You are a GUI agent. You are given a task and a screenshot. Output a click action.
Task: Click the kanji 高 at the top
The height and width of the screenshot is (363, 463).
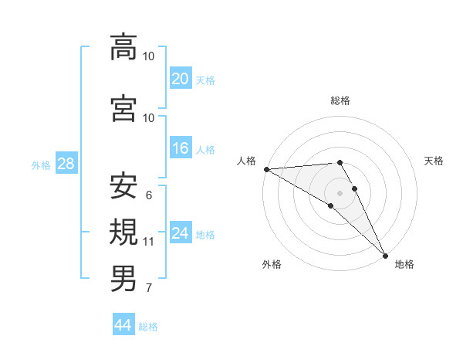(123, 47)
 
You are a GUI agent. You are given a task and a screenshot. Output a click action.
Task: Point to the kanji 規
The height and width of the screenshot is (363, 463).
(123, 232)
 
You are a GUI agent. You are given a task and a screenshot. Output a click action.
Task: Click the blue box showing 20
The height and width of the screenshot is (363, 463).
(180, 79)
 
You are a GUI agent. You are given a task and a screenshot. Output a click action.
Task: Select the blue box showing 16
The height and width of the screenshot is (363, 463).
(180, 149)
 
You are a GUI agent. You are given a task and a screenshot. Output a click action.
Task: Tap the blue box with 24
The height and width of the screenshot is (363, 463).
(180, 234)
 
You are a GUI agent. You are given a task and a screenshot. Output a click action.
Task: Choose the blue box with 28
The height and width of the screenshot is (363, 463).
(66, 164)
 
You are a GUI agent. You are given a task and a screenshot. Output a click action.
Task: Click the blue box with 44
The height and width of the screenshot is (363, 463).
(123, 326)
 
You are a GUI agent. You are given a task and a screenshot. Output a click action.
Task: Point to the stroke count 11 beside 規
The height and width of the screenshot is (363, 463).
(149, 242)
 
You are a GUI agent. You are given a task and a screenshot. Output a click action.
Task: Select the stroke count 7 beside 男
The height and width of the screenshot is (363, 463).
(149, 288)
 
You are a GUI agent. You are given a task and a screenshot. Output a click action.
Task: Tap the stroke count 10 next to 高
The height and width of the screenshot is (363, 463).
(149, 56)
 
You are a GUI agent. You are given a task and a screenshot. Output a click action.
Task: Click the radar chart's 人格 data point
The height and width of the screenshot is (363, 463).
(266, 169)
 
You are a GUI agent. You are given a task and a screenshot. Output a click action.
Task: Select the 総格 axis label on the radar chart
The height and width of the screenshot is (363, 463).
(340, 100)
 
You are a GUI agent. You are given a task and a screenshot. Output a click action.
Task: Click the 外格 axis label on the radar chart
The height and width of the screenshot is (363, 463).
(272, 264)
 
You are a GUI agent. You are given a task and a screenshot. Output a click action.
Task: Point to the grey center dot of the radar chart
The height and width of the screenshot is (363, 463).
(340, 192)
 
